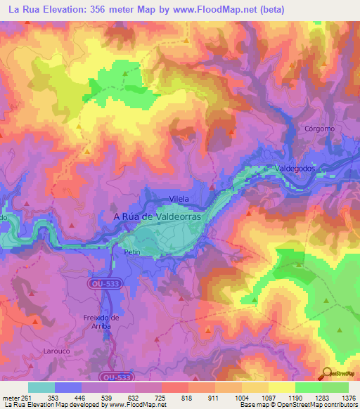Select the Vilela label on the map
(x=180, y=199)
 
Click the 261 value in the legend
(x=26, y=397)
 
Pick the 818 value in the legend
(x=187, y=397)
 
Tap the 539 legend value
(x=106, y=397)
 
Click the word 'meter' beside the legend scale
(x=9, y=397)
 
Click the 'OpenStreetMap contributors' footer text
(x=314, y=405)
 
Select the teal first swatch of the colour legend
(x=41, y=387)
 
